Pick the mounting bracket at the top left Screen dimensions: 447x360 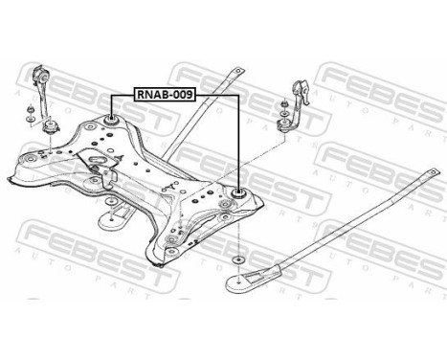point(41,82)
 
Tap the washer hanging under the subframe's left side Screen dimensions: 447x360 point(112,221)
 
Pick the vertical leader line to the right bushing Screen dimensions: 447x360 point(238,144)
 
